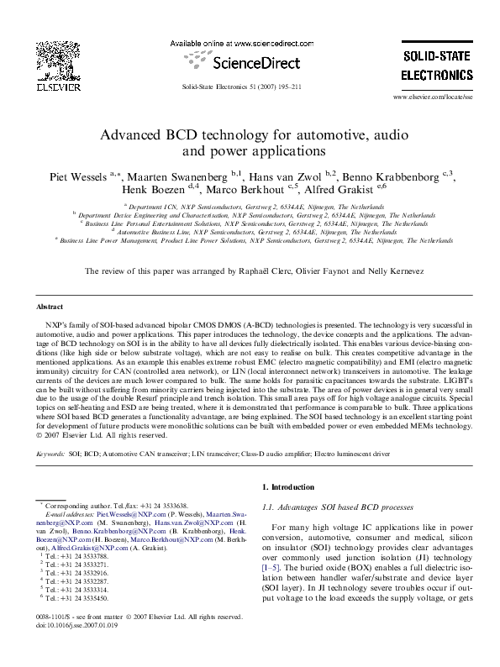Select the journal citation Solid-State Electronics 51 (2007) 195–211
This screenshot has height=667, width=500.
(241, 87)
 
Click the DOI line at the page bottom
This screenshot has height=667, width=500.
(77, 649)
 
